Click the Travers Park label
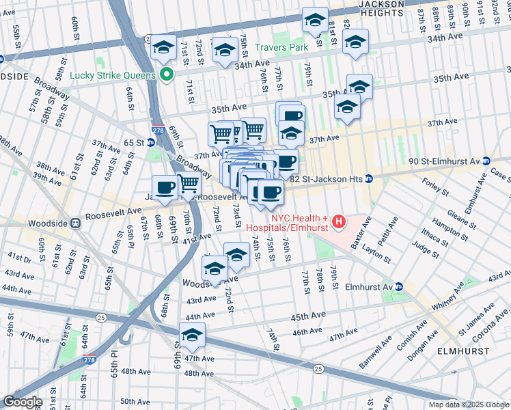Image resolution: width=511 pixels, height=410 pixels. click(281, 47)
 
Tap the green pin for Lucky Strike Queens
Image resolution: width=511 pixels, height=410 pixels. click(165, 74)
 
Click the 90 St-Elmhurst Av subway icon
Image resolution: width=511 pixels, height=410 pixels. click(486, 161)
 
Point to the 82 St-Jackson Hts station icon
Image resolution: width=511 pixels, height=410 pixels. click(368, 179)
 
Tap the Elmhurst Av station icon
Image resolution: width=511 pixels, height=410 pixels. click(400, 287)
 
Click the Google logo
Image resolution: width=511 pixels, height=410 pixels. click(23, 401)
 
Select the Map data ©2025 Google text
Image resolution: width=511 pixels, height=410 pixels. click(468, 405)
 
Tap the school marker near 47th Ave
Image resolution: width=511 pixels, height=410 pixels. click(192, 336)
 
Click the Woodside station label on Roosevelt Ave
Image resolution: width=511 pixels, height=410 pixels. click(48, 223)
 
